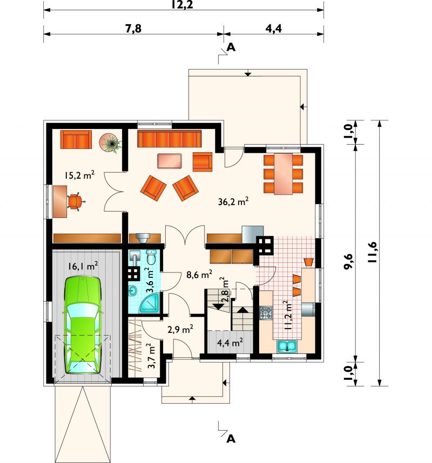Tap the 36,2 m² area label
pyautogui.click(x=233, y=201)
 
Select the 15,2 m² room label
pyautogui.click(x=79, y=175)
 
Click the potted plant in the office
pyautogui.click(x=111, y=143)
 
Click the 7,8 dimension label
pyautogui.click(x=133, y=29)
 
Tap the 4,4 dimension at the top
pyautogui.click(x=273, y=29)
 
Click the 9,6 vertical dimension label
pyautogui.click(x=349, y=261)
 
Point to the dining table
pyautogui.click(x=283, y=174)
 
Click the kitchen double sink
pyautogui.click(x=287, y=346)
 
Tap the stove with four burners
pyautogui.click(x=266, y=313)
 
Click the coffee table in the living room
pyautogui.click(x=170, y=161)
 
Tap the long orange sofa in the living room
pyautogui.click(x=170, y=139)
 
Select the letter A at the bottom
pyautogui.click(x=231, y=439)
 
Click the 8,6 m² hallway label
pyautogui.click(x=199, y=275)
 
